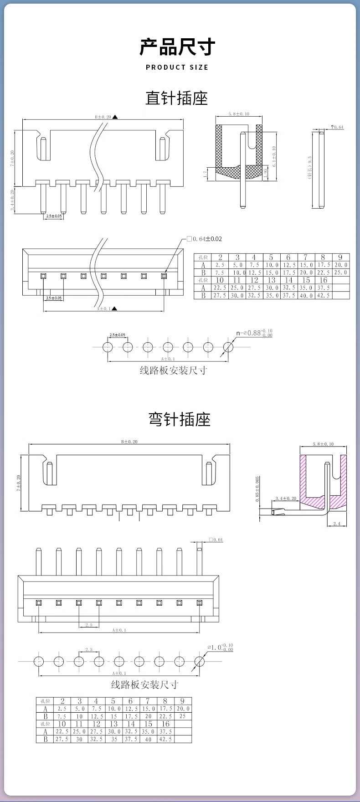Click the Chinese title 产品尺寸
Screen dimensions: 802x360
pyautogui.click(x=177, y=47)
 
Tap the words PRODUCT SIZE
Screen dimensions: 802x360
pyautogui.click(x=177, y=67)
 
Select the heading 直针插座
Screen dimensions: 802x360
pyautogui.click(x=177, y=98)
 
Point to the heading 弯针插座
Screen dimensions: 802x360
pyautogui.click(x=180, y=419)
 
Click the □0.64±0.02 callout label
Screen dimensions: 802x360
pyautogui.click(x=204, y=239)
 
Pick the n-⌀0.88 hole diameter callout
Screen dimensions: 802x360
pyautogui.click(x=254, y=333)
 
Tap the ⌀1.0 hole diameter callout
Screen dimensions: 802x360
pyautogui.click(x=220, y=647)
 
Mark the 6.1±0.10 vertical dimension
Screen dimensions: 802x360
pyautogui.click(x=274, y=157)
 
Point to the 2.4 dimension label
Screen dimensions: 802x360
pyautogui.click(x=337, y=524)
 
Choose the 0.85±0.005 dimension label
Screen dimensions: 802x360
pyautogui.click(x=257, y=489)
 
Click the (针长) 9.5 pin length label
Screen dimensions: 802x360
pyautogui.click(x=310, y=168)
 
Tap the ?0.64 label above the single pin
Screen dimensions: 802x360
pyautogui.click(x=338, y=127)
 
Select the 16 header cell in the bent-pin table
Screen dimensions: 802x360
pyautogui.click(x=165, y=724)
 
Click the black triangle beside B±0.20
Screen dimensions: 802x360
pyautogui.click(x=115, y=117)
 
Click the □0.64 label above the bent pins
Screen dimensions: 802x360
pyautogui.click(x=216, y=540)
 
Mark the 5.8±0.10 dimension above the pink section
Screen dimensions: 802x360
pyautogui.click(x=323, y=444)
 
